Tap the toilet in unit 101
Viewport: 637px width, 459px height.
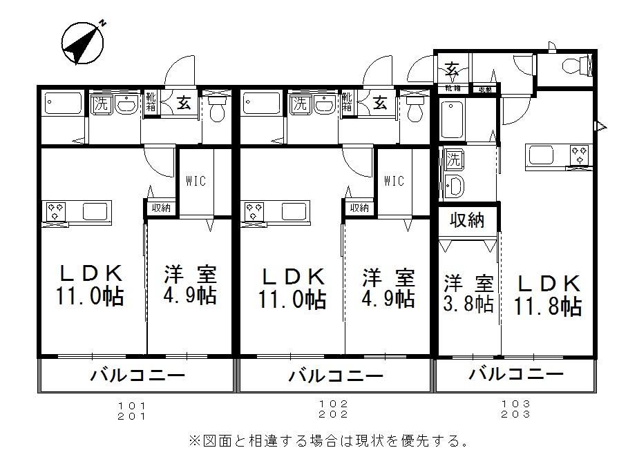pyautogui.click(x=217, y=110)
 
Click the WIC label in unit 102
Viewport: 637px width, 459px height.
pyautogui.click(x=393, y=181)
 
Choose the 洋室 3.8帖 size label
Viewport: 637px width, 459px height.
pyautogui.click(x=468, y=293)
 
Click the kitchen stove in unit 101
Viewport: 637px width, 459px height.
pyautogui.click(x=55, y=211)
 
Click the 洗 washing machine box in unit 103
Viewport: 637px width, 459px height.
pyautogui.click(x=453, y=159)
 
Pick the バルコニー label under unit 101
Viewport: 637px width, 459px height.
pyautogui.click(x=137, y=376)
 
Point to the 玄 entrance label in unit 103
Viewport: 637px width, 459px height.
pyautogui.click(x=453, y=69)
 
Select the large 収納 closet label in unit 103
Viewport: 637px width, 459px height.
pyautogui.click(x=468, y=220)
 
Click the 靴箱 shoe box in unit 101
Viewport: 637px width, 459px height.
pyautogui.click(x=151, y=104)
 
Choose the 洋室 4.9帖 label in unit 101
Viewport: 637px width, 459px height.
pyautogui.click(x=190, y=285)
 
